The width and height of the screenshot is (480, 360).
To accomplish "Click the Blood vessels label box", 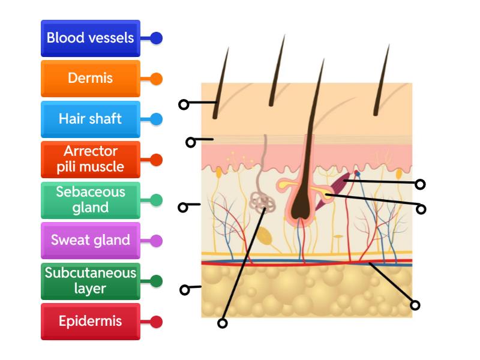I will click(91, 38).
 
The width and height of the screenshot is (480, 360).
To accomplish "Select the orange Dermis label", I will click(91, 79).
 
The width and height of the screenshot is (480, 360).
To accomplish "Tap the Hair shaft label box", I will click(91, 119).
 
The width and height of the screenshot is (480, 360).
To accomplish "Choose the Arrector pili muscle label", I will click(91, 159).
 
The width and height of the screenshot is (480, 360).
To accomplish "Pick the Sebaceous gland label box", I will click(91, 200).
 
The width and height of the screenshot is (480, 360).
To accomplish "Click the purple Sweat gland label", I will click(91, 241).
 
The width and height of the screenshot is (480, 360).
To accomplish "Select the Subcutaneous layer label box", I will click(91, 281).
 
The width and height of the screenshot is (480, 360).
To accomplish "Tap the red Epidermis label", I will click(91, 322).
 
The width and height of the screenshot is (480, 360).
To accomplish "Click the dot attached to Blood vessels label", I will click(157, 38).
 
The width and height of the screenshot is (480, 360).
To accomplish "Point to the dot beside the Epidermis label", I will click(157, 322).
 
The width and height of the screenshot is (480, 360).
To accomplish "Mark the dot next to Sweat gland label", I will click(157, 241).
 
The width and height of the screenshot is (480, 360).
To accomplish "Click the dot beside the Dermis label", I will click(157, 79).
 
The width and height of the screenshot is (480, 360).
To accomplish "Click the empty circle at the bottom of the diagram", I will click(223, 323).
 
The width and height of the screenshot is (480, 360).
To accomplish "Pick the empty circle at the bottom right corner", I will click(415, 305).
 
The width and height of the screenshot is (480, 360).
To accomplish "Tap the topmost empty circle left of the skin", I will click(184, 104).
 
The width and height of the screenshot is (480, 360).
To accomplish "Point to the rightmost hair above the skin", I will click(382, 81).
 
